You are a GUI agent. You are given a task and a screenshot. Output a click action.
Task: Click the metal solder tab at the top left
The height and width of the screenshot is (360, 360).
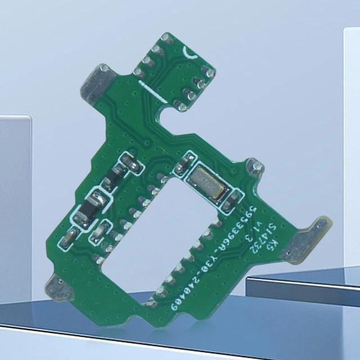tap(97, 82)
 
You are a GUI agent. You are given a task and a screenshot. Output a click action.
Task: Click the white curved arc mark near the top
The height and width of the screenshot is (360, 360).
tap(188, 53)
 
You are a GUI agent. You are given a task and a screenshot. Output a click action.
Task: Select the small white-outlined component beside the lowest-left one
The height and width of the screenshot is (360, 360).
tap(99, 231)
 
